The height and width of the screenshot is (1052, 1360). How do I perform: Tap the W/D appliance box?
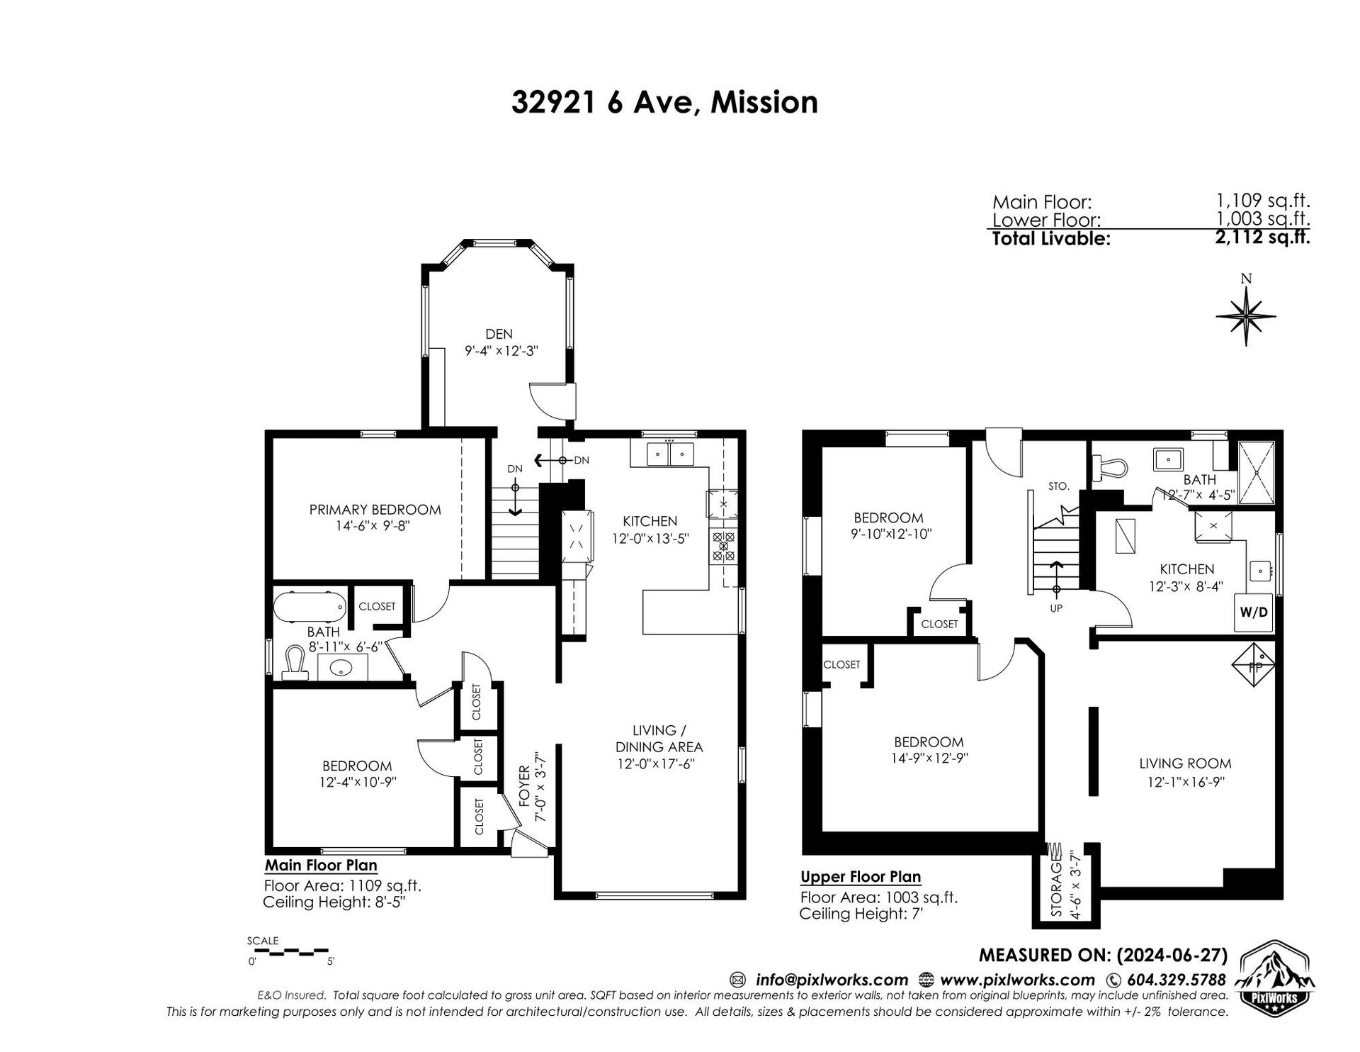(1254, 612)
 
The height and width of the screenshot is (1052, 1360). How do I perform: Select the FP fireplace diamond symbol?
(1254, 665)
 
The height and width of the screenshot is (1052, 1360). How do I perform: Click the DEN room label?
(499, 334)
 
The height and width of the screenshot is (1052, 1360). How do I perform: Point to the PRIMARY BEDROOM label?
(375, 510)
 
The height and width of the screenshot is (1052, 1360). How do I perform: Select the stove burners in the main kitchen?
(723, 547)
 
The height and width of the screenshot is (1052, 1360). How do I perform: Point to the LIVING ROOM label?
(1185, 763)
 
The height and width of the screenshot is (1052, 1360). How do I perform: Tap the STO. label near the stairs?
(1058, 486)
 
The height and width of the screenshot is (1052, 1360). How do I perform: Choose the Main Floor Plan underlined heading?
(321, 865)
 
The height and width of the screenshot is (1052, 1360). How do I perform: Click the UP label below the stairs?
(1056, 608)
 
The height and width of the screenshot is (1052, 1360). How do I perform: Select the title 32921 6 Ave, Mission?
(664, 102)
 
